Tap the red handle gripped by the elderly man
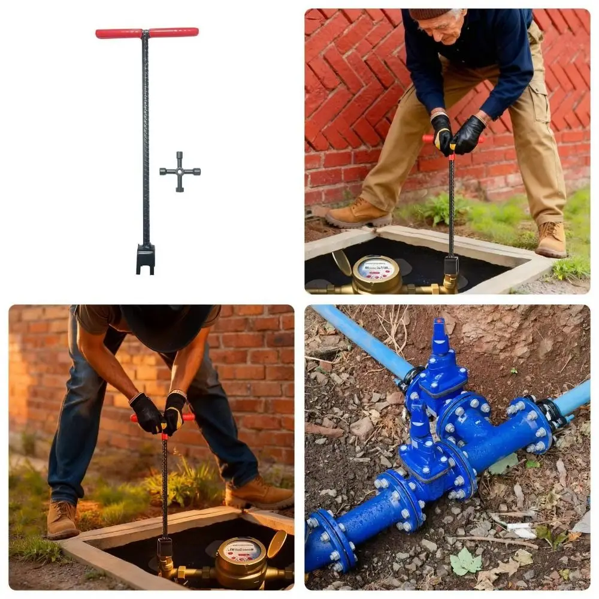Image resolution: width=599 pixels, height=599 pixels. (x=428, y=139)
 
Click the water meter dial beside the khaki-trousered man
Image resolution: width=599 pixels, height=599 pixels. (x=376, y=270)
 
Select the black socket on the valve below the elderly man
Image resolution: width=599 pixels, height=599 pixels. (x=451, y=265)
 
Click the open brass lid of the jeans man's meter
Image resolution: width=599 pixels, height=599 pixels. (x=276, y=544)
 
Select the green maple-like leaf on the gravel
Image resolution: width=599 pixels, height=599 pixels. (x=465, y=562)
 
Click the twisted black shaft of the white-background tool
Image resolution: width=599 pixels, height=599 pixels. (x=146, y=138)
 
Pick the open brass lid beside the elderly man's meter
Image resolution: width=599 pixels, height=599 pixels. (x=343, y=262)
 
